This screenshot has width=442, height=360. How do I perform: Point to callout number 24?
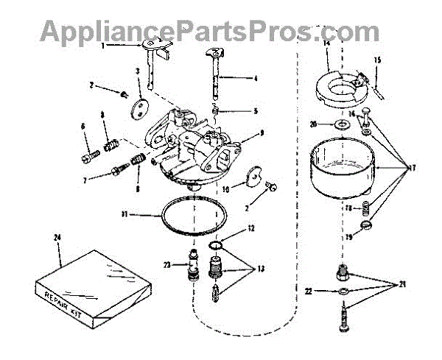(x=57, y=237)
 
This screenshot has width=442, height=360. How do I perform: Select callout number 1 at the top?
(x=104, y=46)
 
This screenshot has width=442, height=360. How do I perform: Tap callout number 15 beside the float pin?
(x=377, y=60)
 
